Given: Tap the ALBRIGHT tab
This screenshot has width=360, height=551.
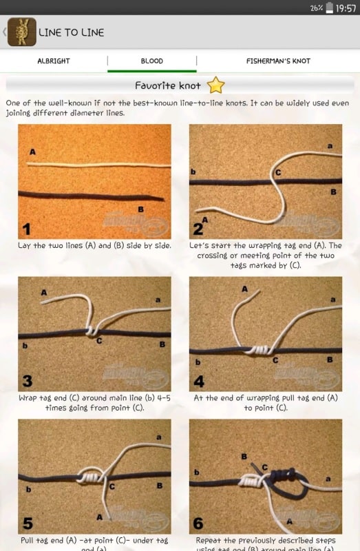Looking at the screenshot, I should (54, 61).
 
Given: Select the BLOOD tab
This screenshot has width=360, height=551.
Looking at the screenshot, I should (152, 61).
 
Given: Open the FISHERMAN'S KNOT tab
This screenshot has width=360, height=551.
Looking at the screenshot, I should (278, 61).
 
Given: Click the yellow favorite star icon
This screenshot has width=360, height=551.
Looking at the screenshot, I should (216, 85).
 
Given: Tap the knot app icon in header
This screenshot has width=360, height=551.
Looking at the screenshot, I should (21, 32).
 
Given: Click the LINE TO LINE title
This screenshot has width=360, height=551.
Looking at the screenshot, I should (71, 32).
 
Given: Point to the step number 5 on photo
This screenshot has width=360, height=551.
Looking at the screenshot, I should (27, 523).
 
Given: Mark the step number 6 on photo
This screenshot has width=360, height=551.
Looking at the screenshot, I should (199, 523).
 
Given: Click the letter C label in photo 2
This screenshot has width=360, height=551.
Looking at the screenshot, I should (277, 172).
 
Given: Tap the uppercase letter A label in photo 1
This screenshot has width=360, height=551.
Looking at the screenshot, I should (32, 151).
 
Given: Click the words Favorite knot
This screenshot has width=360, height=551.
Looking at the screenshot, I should (168, 86).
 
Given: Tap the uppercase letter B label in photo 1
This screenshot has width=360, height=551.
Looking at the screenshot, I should (140, 209).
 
